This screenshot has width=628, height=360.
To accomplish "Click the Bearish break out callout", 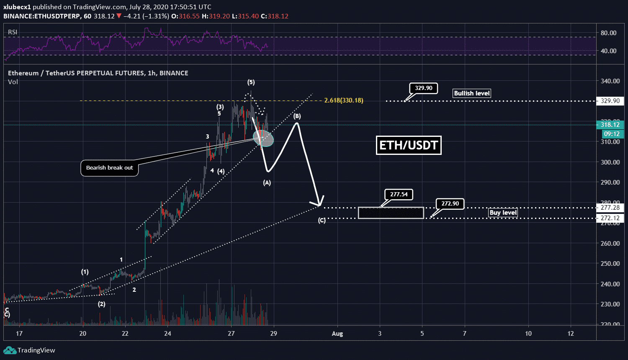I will pyautogui.click(x=109, y=168).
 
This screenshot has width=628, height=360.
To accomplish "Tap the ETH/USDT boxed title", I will pyautogui.click(x=408, y=145).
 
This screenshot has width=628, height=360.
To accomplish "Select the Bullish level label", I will pyautogui.click(x=472, y=93).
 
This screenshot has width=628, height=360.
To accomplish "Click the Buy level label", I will pyautogui.click(x=503, y=213).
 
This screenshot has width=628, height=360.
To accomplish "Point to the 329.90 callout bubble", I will pyautogui.click(x=424, y=88).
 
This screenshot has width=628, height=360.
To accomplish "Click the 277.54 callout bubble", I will pyautogui.click(x=399, y=194).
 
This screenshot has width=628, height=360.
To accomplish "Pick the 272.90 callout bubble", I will pyautogui.click(x=450, y=204).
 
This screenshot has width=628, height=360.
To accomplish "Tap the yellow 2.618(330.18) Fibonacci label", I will pyautogui.click(x=344, y=100).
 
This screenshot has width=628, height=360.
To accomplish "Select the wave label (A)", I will pyautogui.click(x=267, y=183).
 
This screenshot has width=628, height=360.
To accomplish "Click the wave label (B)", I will pyautogui.click(x=297, y=116).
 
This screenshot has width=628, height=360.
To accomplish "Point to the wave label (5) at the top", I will pyautogui.click(x=251, y=82).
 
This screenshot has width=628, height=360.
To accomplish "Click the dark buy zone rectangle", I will pyautogui.click(x=391, y=213).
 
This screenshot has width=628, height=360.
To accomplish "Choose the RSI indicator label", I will pyautogui.click(x=13, y=32).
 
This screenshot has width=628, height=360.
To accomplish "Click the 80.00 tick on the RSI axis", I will pyautogui.click(x=608, y=33).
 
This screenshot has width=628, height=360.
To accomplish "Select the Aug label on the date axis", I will pyautogui.click(x=337, y=334).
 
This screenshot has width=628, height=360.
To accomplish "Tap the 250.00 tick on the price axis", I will pyautogui.click(x=610, y=264).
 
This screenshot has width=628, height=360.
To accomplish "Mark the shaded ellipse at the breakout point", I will pyautogui.click(x=263, y=138).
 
